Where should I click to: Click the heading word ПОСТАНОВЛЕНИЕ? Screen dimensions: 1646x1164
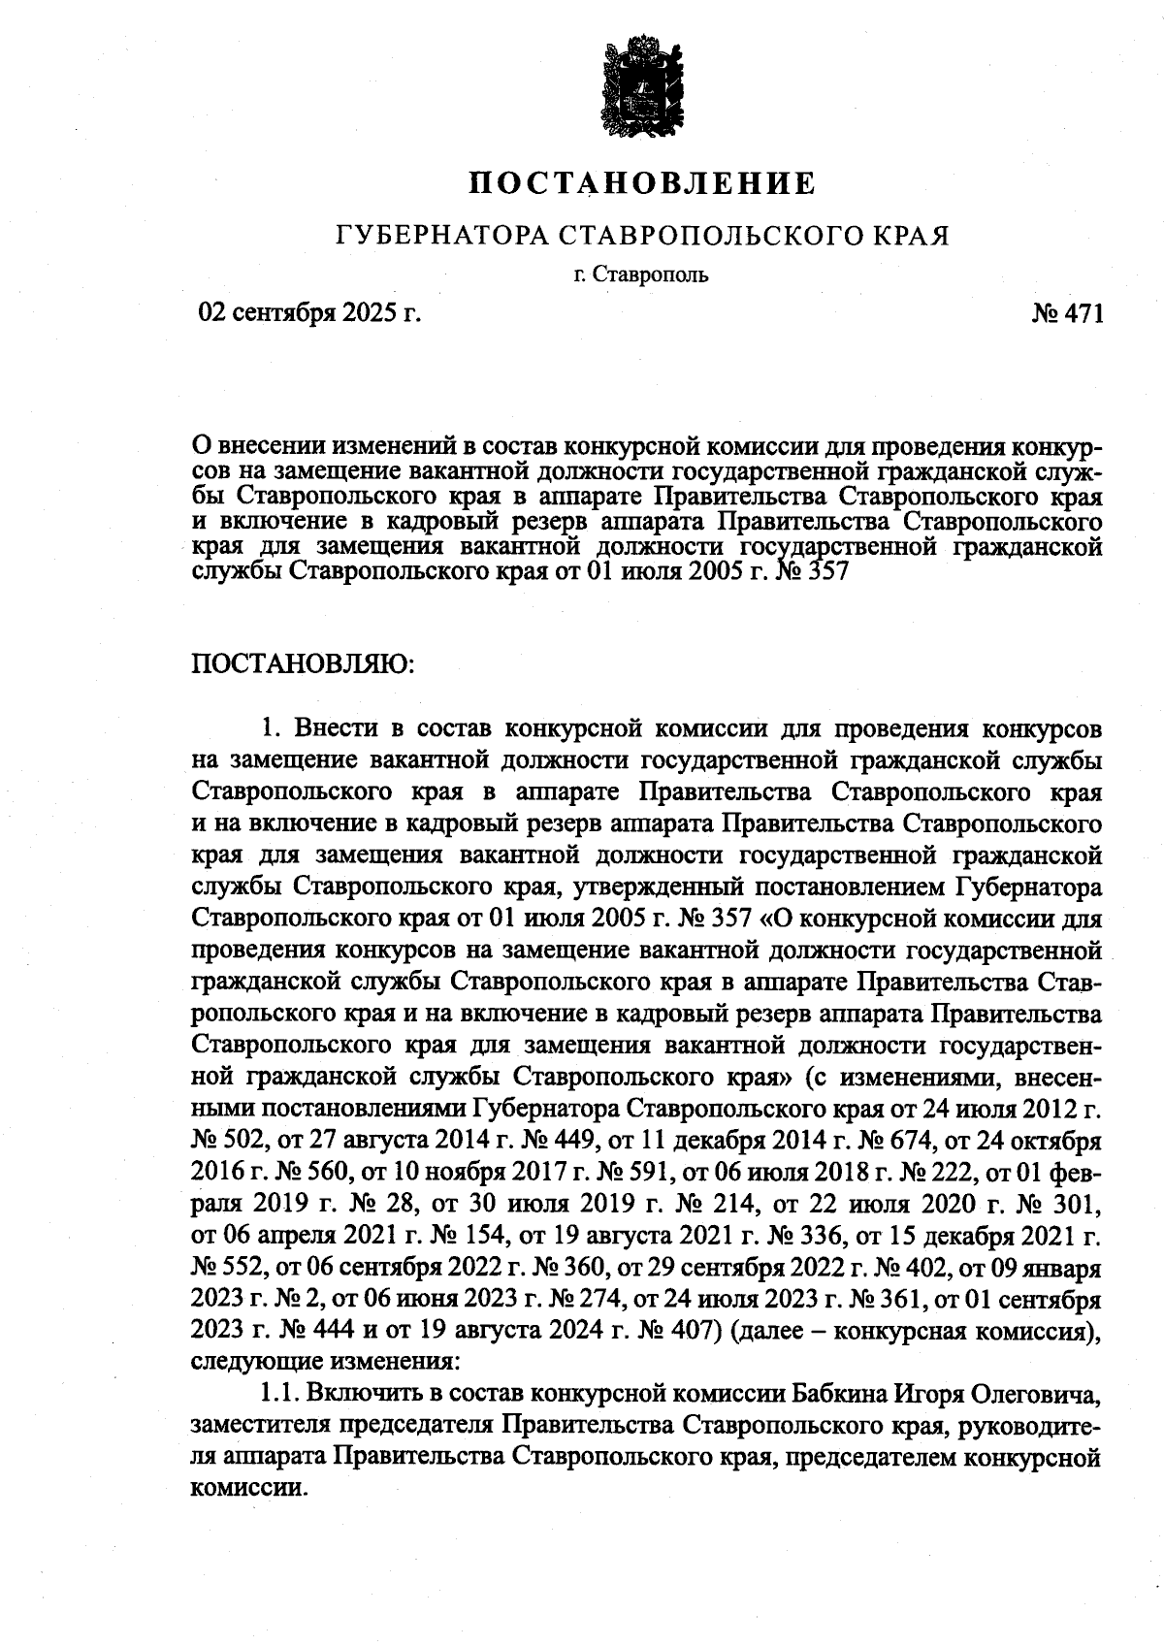pyautogui.click(x=641, y=183)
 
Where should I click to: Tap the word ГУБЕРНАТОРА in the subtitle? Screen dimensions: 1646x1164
pyautogui.click(x=441, y=236)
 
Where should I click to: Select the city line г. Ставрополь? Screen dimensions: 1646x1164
pyautogui.click(x=641, y=275)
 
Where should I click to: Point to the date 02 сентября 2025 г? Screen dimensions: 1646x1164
pyautogui.click(x=309, y=313)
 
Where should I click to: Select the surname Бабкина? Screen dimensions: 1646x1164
pyautogui.click(x=840, y=1394)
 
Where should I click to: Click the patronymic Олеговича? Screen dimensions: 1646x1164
pyautogui.click(x=1037, y=1394)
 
